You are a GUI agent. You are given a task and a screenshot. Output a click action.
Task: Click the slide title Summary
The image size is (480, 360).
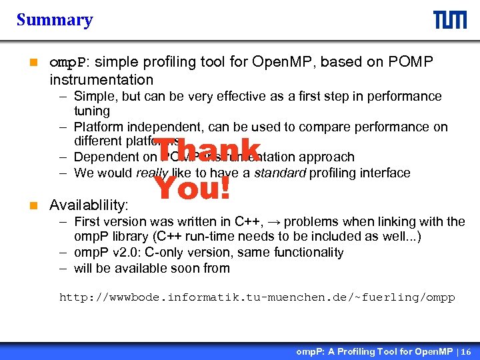(x=55, y=20)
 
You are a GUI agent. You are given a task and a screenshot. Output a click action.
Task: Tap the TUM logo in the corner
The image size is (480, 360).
(x=450, y=20)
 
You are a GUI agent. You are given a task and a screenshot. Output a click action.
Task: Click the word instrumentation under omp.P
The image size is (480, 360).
(x=101, y=80)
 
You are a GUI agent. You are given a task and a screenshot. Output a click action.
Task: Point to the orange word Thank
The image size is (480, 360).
(x=208, y=150)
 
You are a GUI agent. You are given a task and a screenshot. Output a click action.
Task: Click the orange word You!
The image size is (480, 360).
(x=193, y=189)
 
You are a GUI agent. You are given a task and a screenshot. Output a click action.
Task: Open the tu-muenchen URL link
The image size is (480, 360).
(x=257, y=297)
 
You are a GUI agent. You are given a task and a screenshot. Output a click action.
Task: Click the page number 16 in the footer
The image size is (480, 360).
(x=465, y=351)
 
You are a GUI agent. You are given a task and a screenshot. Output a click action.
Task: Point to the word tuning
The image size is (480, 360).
(x=92, y=111)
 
